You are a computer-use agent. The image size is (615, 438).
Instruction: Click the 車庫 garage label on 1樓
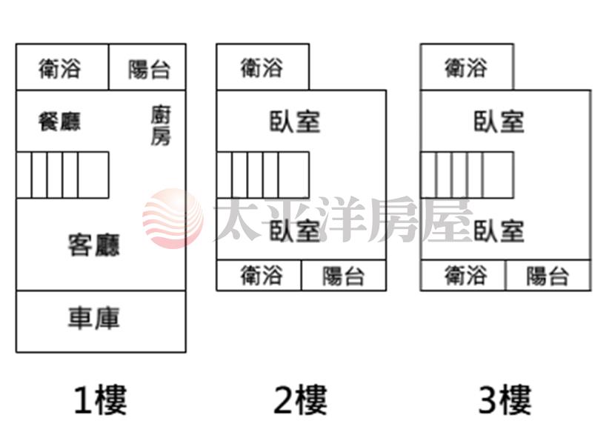(94, 318)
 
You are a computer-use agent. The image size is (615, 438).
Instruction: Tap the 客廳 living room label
(94, 245)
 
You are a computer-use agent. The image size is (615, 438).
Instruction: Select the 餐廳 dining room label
(59, 122)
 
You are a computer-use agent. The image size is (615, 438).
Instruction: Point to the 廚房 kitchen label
(161, 125)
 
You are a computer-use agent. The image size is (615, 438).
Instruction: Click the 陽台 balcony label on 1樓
(149, 70)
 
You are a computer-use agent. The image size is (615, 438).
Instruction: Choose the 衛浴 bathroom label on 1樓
(60, 68)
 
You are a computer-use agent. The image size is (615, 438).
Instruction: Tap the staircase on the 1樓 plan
(62, 175)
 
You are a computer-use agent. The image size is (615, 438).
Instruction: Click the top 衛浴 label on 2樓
(262, 67)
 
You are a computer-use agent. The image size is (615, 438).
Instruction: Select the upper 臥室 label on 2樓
(295, 122)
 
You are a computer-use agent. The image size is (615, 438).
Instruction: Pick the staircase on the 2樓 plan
(263, 175)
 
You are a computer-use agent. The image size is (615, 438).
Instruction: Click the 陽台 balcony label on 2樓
(344, 276)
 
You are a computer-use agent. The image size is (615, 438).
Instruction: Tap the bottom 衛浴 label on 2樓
(262, 275)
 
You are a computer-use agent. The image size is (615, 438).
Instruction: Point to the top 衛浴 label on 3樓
(466, 67)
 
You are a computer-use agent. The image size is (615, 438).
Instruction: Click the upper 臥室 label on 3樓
(499, 122)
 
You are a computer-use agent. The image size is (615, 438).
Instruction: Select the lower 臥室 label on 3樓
(499, 230)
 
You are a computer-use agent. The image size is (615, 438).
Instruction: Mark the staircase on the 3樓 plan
(467, 175)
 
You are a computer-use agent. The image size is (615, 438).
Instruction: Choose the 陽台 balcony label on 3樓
(548, 276)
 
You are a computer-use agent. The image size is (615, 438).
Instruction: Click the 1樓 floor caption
(101, 400)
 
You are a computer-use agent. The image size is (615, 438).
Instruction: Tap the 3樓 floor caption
(505, 400)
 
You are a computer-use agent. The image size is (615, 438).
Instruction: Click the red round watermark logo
(173, 218)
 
